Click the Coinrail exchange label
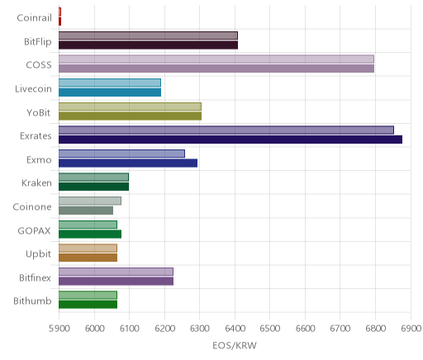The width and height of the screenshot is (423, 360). coord(34,18)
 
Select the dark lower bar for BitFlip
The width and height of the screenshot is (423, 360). coord(148,45)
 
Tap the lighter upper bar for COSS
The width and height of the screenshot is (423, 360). coord(216,59)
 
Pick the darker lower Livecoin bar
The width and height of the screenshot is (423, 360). coord(110,92)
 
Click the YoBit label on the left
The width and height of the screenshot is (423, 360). coord(38,113)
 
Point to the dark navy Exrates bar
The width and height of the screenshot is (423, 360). coord(231,140)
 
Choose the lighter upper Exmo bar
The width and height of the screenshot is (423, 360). coord(121,154)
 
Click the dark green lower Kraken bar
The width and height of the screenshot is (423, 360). coord(93,187)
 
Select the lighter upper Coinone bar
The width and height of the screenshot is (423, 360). coord(90,201)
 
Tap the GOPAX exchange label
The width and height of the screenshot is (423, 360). coord(34,230)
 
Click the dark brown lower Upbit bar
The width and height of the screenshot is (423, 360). coord(88,258)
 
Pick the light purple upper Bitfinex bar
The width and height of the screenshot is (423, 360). coord(116,272)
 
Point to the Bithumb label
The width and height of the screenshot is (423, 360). coord(32,301)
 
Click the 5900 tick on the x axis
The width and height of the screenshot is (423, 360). coord(59,329)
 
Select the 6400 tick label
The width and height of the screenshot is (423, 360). coord(235,329)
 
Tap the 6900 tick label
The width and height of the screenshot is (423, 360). coord(411,329)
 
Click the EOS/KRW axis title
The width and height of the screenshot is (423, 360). coord(235,346)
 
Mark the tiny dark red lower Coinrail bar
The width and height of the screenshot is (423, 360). coord(59,21)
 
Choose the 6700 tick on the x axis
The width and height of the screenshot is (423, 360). coord(340,329)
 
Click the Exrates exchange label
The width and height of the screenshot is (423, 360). coord(36,136)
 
